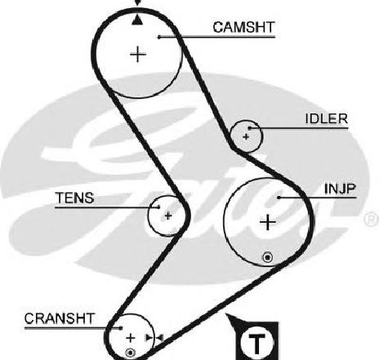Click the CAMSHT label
243,28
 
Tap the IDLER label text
327,118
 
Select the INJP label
340,189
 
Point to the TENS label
74,198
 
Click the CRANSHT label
60,318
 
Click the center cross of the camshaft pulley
138,55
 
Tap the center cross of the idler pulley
246,136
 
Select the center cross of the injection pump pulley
268,222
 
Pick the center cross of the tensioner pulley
168,216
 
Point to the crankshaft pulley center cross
131,338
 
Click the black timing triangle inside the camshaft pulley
137,20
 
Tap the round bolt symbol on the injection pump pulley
268,257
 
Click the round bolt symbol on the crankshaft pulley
130,353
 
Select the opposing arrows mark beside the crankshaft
154,338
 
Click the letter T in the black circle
257,344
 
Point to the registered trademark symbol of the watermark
372,219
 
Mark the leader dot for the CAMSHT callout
159,37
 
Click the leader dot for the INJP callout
279,198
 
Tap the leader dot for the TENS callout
158,207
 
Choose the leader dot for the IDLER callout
249,128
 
